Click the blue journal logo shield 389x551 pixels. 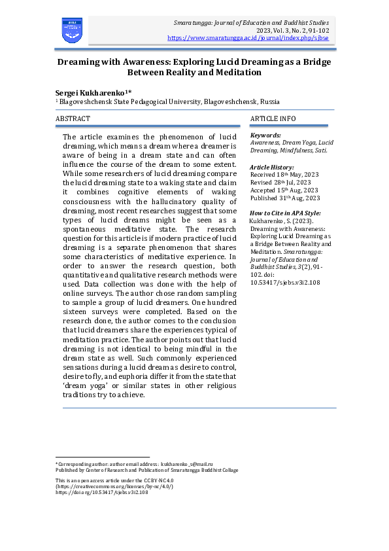coord(72,31)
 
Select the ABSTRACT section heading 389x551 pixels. coord(73,118)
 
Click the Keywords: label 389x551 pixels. coord(265,135)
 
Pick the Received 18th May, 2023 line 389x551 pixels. coord(284,175)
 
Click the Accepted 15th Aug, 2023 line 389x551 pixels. coord(285,190)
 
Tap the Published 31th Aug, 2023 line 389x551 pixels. coord(286,198)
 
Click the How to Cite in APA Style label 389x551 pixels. coord(286,214)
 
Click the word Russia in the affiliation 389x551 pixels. coord(270,103)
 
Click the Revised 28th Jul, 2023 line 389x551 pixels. coord(283,183)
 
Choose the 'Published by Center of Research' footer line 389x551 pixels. coord(147,470)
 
